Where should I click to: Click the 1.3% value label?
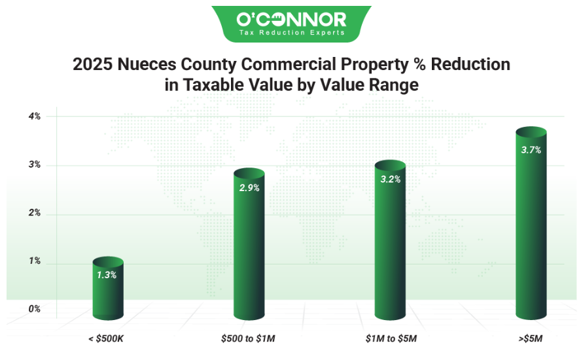click(x=107, y=275)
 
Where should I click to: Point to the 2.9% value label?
click(x=249, y=188)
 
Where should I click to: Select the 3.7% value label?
click(x=531, y=150)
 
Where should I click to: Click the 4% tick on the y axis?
click(x=34, y=117)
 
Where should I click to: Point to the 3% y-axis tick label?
click(x=34, y=165)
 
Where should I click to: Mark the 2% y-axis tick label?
click(x=34, y=213)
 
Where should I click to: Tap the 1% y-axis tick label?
click(x=34, y=261)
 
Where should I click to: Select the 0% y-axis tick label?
click(x=34, y=309)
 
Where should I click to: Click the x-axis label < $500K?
click(x=107, y=339)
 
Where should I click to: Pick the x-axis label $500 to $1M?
click(x=249, y=339)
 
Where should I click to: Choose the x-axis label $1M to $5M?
click(x=390, y=339)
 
